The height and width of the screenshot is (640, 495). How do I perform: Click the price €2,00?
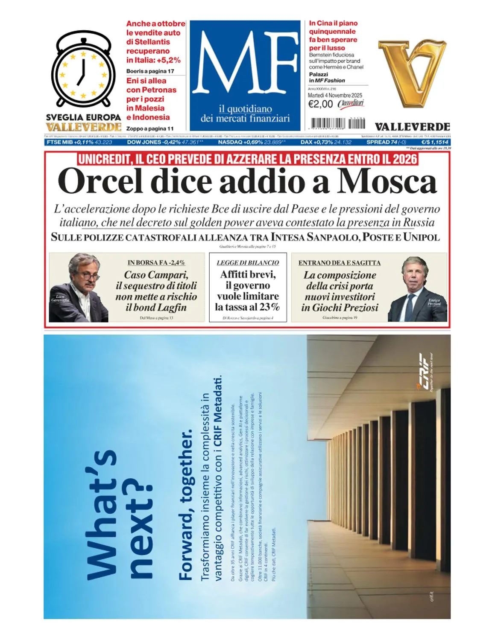click(320, 104)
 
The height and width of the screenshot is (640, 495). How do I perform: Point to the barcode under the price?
click(337, 123)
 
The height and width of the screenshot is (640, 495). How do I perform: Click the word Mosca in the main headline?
click(387, 181)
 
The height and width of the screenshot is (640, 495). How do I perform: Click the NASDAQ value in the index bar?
click(270, 142)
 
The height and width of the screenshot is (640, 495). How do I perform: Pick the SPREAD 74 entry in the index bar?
click(386, 142)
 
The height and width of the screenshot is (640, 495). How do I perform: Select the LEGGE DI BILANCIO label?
click(248, 263)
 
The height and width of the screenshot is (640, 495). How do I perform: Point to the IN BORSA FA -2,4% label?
click(156, 263)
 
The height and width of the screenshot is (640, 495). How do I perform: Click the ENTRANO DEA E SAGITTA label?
click(339, 263)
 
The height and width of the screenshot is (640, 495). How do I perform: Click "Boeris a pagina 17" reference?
click(150, 71)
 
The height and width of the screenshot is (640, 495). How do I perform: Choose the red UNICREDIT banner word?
click(103, 160)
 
